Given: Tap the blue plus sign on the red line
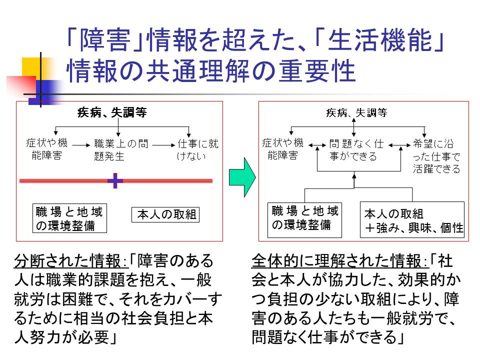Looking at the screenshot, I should tap(115, 180).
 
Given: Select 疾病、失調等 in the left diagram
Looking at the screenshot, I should tap(112, 113).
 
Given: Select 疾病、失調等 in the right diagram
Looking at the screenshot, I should tap(356, 113).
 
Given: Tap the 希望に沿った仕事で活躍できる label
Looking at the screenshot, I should tap(436, 155).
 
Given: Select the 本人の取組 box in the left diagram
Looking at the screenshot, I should tap(165, 215).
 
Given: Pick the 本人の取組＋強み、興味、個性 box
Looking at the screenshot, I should tap(412, 220).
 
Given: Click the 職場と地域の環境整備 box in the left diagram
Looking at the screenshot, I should tap(69, 218).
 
